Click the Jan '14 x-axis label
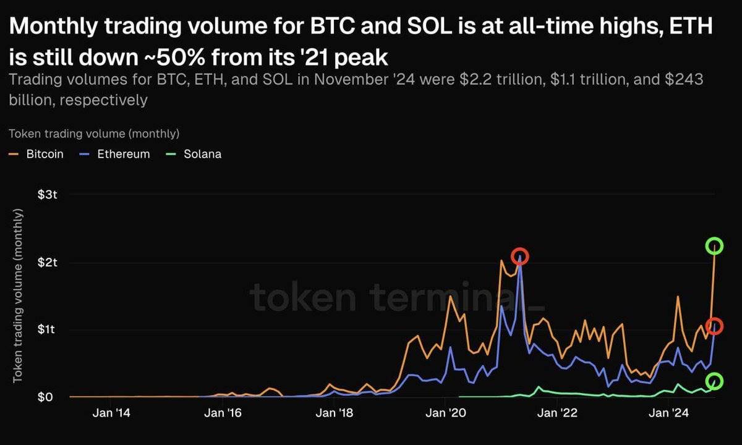[x=111, y=412]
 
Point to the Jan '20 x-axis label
[x=445, y=412]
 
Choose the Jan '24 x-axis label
[x=670, y=412]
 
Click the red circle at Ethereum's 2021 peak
[x=520, y=256]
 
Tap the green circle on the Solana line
[x=714, y=381]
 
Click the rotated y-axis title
[x=18, y=295]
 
